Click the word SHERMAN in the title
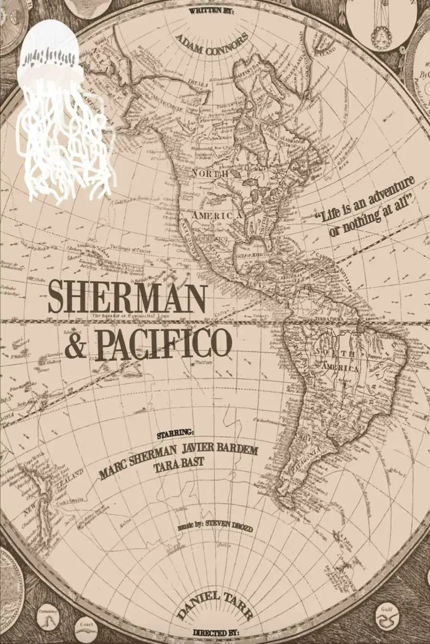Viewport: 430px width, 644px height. click(127, 297)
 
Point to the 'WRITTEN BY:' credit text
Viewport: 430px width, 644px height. click(212, 10)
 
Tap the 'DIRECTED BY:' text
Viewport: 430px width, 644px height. click(215, 633)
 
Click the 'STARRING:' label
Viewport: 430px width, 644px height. click(176, 433)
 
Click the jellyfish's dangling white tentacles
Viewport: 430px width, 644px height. click(65, 144)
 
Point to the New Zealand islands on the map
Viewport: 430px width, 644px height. click(45, 493)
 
